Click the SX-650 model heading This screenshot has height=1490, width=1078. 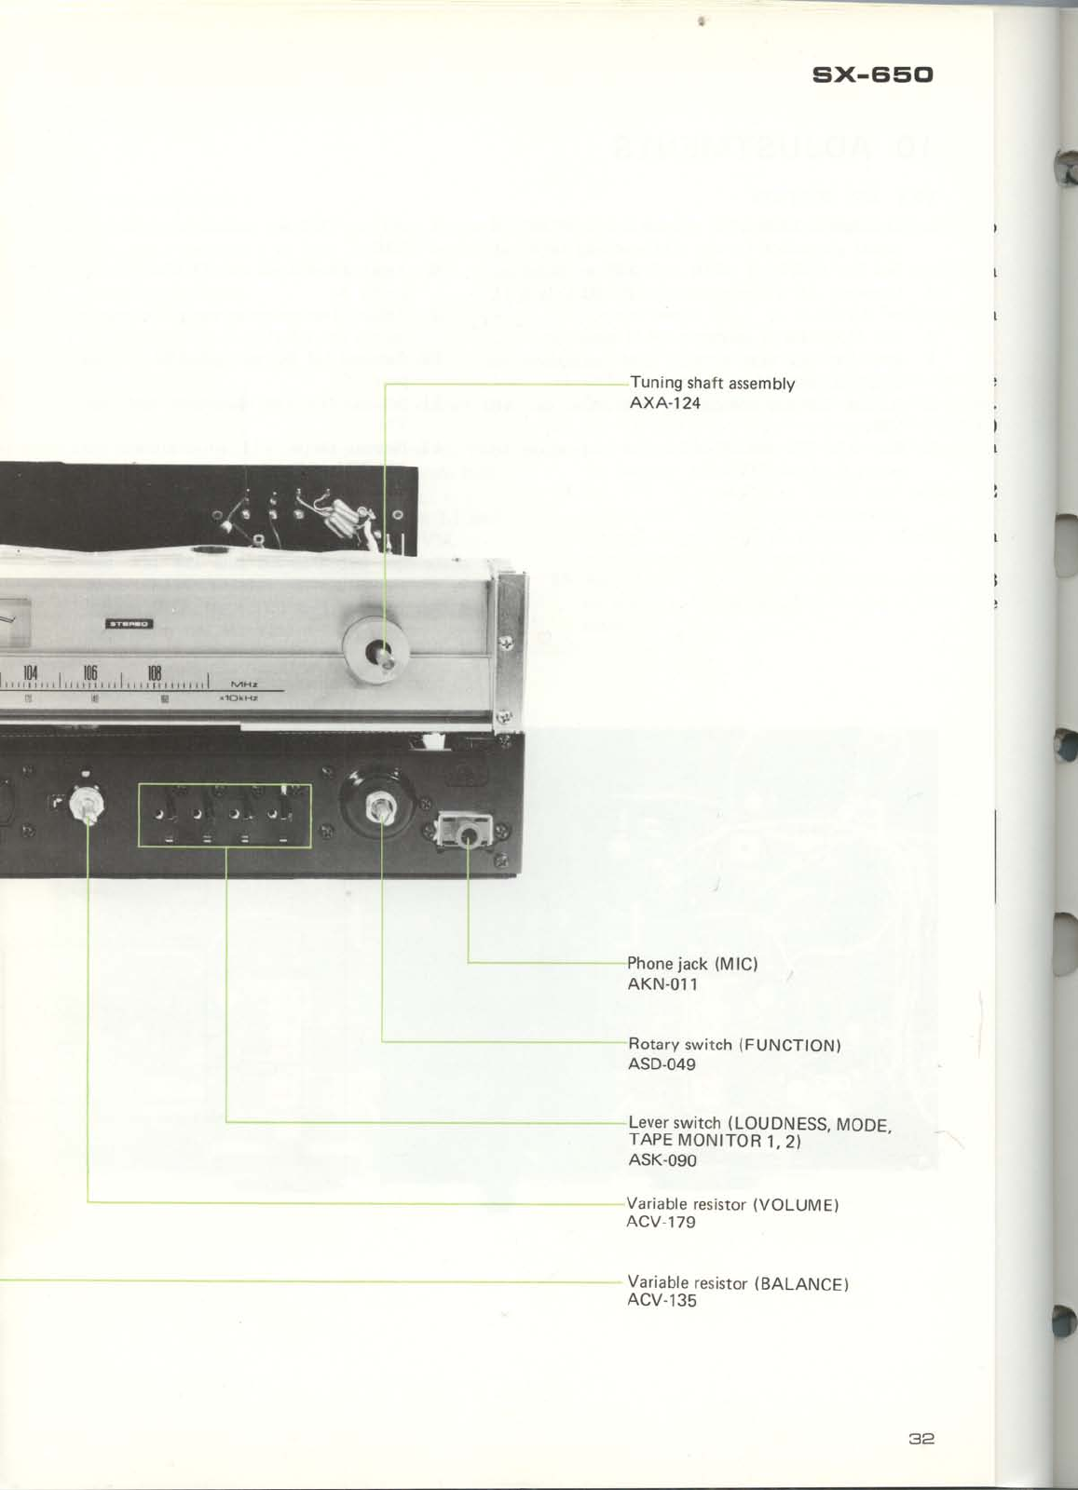872,74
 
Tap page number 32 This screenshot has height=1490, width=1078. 921,1438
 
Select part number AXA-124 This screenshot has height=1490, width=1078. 665,403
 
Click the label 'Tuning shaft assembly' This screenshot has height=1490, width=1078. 712,383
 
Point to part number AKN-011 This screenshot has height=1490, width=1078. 662,984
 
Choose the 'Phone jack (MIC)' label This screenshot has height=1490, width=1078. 692,964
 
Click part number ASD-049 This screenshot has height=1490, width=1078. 662,1064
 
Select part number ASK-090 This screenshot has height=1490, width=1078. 662,1160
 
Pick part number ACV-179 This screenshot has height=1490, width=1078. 661,1222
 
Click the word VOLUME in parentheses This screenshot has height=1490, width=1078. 796,1204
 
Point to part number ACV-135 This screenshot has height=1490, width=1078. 662,1301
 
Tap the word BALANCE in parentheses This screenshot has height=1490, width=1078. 801,1283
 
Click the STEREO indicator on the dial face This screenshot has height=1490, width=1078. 129,624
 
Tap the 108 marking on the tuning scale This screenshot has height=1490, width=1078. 155,672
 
